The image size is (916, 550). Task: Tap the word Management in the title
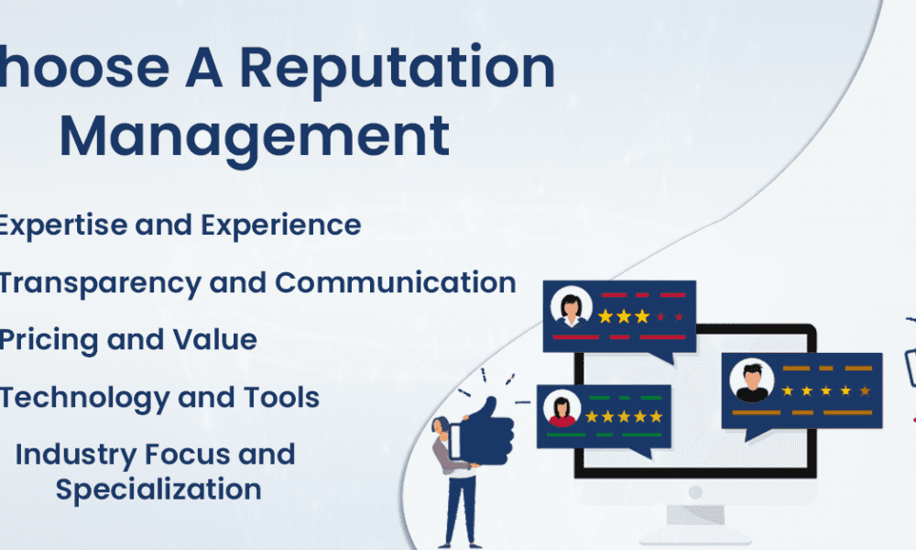click(255, 136)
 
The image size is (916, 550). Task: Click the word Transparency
click(99, 282)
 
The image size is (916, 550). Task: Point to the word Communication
click(396, 282)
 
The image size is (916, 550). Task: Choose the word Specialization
click(158, 489)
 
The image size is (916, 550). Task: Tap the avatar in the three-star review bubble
click(572, 307)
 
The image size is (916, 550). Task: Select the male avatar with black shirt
click(752, 381)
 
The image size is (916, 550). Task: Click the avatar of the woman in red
click(561, 409)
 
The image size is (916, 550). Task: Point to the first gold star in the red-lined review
click(605, 316)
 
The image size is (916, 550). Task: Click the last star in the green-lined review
click(655, 417)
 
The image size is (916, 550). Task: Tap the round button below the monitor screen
click(694, 491)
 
